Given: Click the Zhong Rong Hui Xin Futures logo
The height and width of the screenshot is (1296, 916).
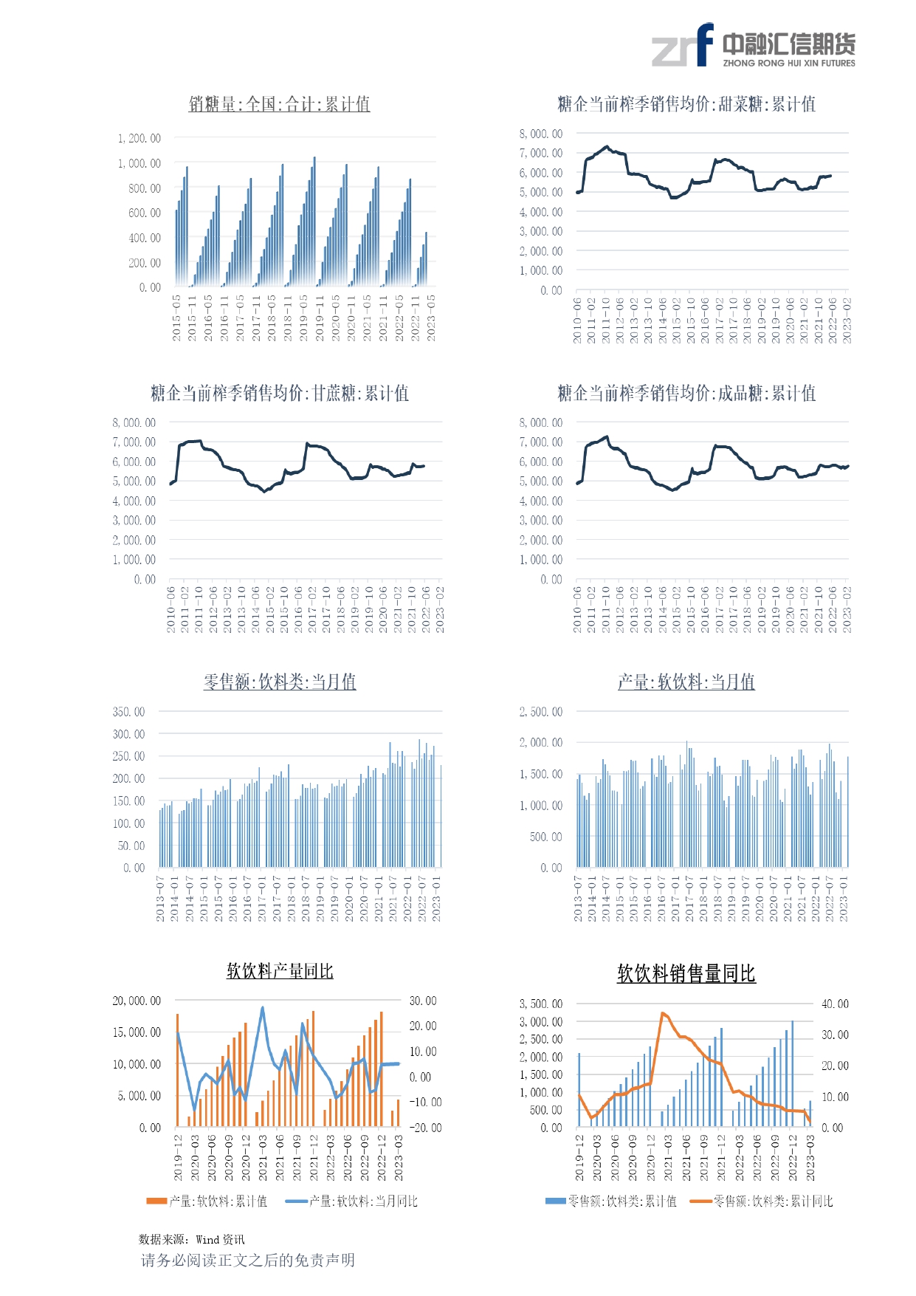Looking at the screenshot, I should pyautogui.click(x=753, y=46).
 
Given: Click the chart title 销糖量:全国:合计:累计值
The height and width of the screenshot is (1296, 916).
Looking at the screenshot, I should pyautogui.click(x=279, y=104).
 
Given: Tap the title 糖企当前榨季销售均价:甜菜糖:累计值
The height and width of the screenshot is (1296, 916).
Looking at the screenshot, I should pyautogui.click(x=686, y=104).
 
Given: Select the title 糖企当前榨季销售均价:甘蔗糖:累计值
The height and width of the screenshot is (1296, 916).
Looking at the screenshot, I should pyautogui.click(x=279, y=393).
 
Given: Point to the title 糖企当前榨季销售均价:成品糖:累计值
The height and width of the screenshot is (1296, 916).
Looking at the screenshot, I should pyautogui.click(x=686, y=393).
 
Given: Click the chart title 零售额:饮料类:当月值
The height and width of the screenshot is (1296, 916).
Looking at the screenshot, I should pyautogui.click(x=279, y=682).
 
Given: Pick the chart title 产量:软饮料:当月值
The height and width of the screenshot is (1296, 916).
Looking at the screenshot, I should pyautogui.click(x=686, y=682).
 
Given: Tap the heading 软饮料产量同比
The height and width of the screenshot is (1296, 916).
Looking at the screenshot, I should pyautogui.click(x=280, y=971).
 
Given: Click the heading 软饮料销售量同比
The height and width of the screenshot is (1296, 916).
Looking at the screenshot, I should pyautogui.click(x=686, y=974).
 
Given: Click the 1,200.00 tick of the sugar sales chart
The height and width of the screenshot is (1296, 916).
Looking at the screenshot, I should pyautogui.click(x=139, y=138).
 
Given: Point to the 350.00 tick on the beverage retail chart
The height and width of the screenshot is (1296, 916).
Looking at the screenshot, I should pyautogui.click(x=128, y=712).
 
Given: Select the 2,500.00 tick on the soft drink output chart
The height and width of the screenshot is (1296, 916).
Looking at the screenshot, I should pyautogui.click(x=540, y=712).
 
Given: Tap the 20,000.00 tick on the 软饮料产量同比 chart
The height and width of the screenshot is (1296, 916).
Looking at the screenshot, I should pyautogui.click(x=137, y=1001).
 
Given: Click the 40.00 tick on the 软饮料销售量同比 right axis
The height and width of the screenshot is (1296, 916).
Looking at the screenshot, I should pyautogui.click(x=835, y=1004).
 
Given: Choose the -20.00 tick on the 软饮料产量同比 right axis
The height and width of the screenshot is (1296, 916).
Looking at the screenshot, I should pyautogui.click(x=425, y=1128).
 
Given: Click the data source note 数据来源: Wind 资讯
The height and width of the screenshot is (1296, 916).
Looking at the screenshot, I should pyautogui.click(x=191, y=1240).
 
